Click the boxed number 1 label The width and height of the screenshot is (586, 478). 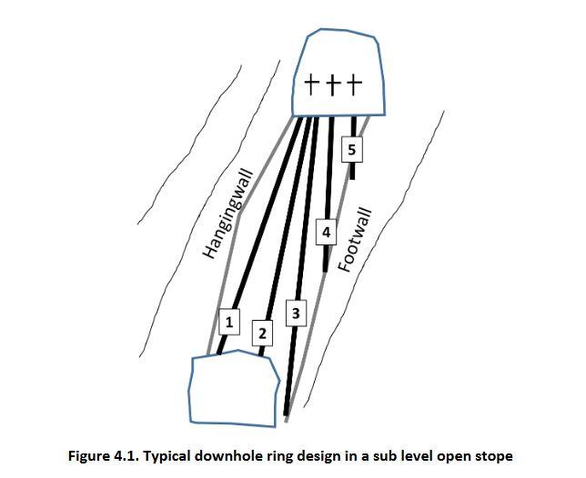229,322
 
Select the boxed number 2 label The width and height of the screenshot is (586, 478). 262,334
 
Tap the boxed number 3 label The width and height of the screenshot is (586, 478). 295,314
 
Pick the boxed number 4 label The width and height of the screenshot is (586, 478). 326,233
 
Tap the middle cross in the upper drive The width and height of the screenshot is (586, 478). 332,85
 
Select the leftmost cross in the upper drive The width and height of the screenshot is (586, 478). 312,85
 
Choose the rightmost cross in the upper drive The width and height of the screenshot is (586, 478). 353,85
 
